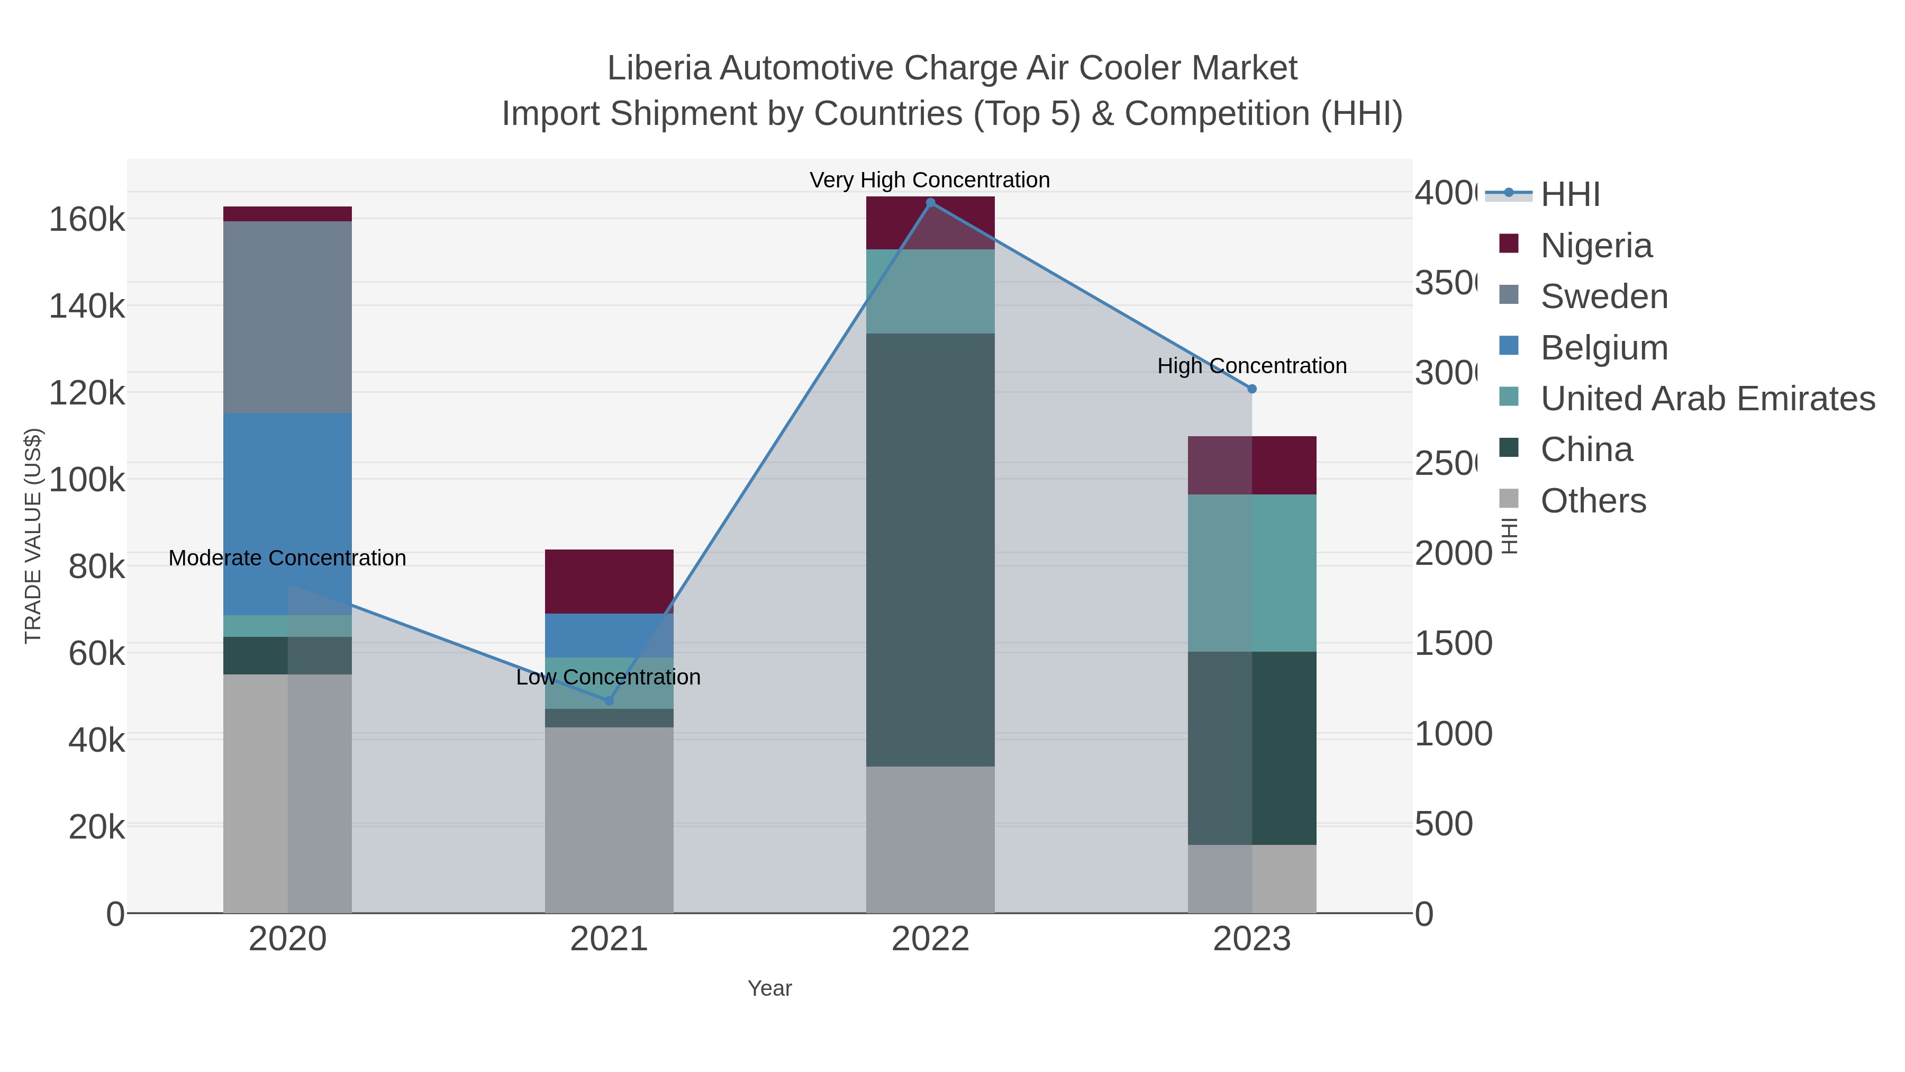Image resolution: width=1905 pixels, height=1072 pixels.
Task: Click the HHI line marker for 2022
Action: click(x=930, y=202)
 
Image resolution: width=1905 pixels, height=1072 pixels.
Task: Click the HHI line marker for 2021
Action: click(x=610, y=700)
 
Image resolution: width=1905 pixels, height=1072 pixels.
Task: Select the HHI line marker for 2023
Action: click(x=1252, y=389)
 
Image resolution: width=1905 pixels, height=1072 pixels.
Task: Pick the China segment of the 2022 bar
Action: click(x=930, y=549)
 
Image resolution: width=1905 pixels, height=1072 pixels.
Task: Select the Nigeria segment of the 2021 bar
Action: click(x=610, y=581)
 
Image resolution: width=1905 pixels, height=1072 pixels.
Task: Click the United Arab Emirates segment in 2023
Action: click(x=1252, y=573)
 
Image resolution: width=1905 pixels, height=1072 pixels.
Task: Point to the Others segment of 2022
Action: click(x=930, y=839)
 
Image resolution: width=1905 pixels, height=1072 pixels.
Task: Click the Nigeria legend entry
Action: click(x=1596, y=245)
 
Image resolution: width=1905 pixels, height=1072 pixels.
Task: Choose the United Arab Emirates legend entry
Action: click(x=1707, y=398)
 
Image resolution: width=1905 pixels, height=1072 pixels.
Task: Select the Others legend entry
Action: click(x=1593, y=501)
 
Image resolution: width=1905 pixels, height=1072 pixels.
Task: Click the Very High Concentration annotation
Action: click(x=930, y=180)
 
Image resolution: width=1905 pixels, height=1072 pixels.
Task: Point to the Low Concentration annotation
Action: click(x=608, y=677)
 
